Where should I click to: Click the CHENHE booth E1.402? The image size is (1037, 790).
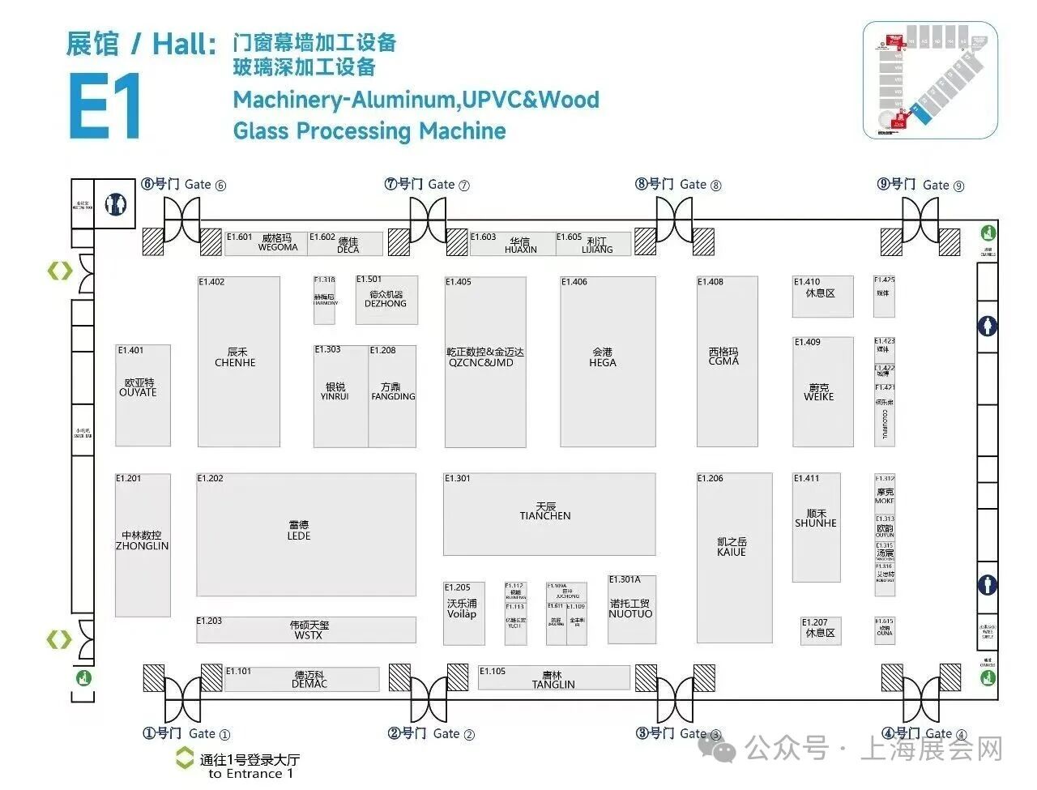pos(239,361)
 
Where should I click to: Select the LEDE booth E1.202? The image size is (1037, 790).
pos(305,533)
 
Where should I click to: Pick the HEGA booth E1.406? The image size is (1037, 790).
pos(607,361)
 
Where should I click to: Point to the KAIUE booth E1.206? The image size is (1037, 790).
pos(734,545)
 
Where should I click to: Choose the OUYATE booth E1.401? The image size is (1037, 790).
pos(143,394)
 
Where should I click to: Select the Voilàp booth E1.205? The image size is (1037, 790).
pos(463,613)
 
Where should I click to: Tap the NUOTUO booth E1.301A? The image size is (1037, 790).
pos(631,609)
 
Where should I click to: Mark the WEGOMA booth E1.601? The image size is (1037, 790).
pos(265,243)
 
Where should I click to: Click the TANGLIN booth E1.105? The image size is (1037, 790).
pos(553,678)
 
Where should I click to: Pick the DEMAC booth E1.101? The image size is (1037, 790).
pos(301,679)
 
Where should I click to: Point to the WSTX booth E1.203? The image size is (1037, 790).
pos(305,630)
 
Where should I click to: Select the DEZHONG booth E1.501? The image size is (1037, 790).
pos(386,300)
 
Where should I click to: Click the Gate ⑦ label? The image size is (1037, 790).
pos(427,185)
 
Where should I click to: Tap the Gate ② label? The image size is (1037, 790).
pos(431,733)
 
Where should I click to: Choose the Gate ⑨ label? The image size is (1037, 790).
pos(921,185)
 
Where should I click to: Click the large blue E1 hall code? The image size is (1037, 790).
pos(105,106)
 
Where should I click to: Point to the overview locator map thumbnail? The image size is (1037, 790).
pos(930,79)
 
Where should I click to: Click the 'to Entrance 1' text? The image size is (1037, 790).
pos(251,774)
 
